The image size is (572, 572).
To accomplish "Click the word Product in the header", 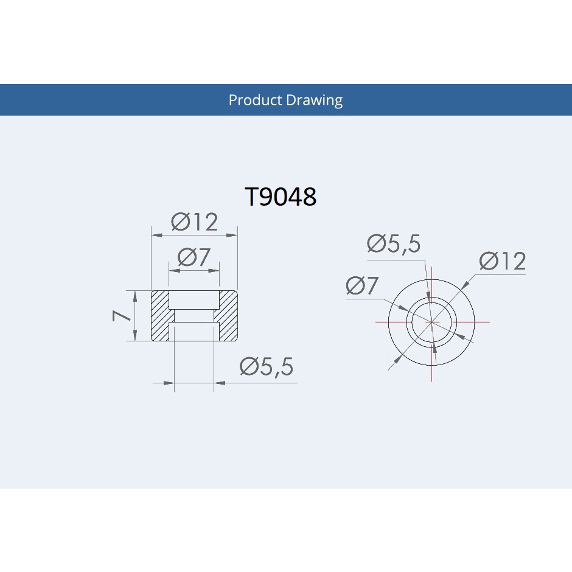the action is point(256,100).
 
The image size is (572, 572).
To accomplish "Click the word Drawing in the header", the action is point(314,100).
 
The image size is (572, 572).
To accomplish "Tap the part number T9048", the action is point(280,197).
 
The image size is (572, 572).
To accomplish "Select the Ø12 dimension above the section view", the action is point(195,221).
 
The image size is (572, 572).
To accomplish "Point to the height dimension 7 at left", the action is point(121,316).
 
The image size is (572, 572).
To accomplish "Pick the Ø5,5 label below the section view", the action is point(267,366).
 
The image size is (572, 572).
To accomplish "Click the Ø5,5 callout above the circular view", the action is point(394,243).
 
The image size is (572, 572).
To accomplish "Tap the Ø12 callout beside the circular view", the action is point(502,261).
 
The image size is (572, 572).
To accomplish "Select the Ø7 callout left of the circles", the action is point(362,285).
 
